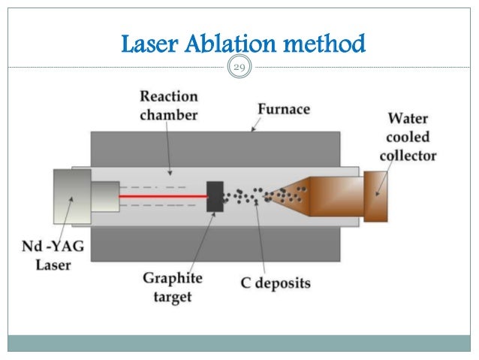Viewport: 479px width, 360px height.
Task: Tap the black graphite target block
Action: click(x=215, y=197)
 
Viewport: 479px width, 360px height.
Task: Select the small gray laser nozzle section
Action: click(x=104, y=197)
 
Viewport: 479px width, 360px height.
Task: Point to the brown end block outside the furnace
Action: click(x=375, y=197)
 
